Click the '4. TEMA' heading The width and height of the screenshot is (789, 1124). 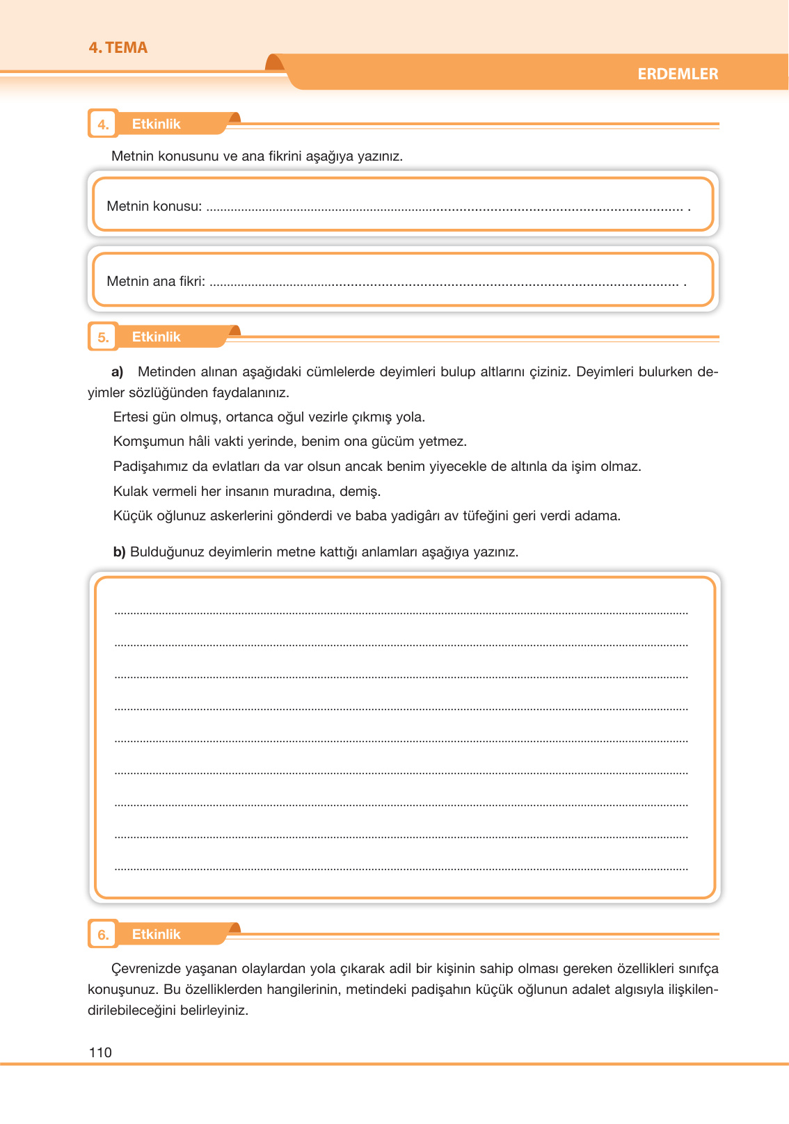click(x=118, y=48)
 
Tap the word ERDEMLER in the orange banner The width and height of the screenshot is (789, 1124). click(x=678, y=74)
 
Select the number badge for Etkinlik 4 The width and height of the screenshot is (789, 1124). click(x=103, y=125)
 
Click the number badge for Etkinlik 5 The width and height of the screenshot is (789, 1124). click(x=103, y=337)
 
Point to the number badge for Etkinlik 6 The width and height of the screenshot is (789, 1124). click(x=103, y=935)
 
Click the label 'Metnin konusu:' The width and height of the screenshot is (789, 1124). click(x=154, y=207)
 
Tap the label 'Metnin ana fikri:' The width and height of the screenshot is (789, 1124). click(x=156, y=282)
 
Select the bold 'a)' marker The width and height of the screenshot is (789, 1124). click(x=118, y=371)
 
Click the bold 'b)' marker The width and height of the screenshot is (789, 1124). click(x=119, y=552)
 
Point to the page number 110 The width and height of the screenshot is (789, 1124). click(x=100, y=1052)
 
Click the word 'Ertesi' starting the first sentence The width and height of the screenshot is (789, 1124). click(x=131, y=417)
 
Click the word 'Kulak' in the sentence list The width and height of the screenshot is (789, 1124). click(x=130, y=492)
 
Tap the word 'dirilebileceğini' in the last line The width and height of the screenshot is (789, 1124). click(x=131, y=1011)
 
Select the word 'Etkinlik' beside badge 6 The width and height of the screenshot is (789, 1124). click(x=156, y=935)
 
